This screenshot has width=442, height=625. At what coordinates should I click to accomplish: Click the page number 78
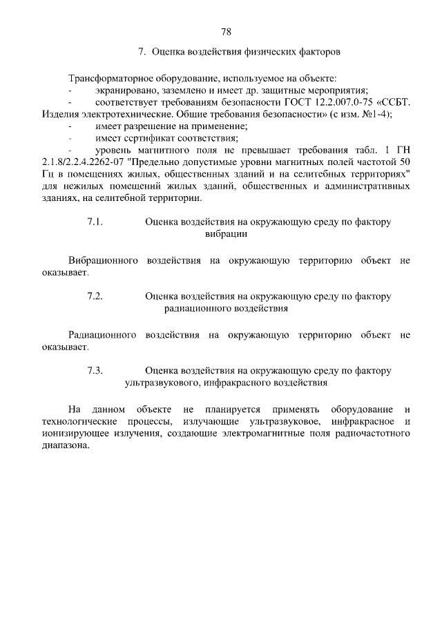[x=225, y=31]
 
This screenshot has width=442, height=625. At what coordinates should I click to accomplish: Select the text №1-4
[x=373, y=115]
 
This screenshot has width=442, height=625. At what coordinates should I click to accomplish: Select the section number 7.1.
[x=95, y=222]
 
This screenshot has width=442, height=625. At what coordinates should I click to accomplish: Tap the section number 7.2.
[x=95, y=296]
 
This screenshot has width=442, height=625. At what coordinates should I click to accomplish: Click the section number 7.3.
[x=95, y=370]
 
